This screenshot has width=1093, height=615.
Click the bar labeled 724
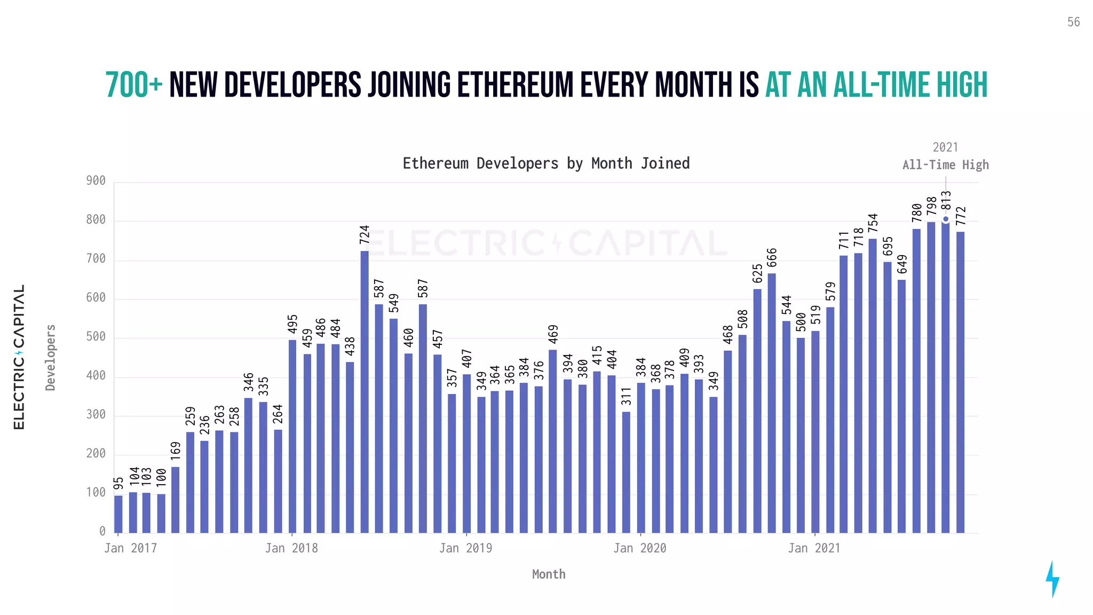coord(365,392)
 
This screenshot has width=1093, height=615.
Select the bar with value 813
coord(946,376)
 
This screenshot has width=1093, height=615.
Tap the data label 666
coord(772,258)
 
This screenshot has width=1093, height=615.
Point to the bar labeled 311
coord(626,472)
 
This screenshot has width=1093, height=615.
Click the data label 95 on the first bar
coord(118,483)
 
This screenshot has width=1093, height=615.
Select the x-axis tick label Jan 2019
coord(465,548)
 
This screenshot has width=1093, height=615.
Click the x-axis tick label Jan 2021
coord(814,548)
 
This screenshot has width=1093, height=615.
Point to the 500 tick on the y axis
coord(96,337)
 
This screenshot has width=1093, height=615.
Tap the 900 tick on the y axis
coord(96,181)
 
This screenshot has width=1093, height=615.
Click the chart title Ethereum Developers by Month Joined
coord(546,163)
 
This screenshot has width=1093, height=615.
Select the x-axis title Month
coord(549,574)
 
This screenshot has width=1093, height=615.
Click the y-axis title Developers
coord(51,358)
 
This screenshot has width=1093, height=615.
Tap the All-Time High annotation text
coord(945,165)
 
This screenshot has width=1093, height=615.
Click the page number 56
coord(1073,22)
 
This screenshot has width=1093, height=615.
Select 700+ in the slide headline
coord(134,85)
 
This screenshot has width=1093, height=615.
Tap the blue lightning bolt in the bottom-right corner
coord(1052,579)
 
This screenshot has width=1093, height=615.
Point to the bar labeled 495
coord(292,436)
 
